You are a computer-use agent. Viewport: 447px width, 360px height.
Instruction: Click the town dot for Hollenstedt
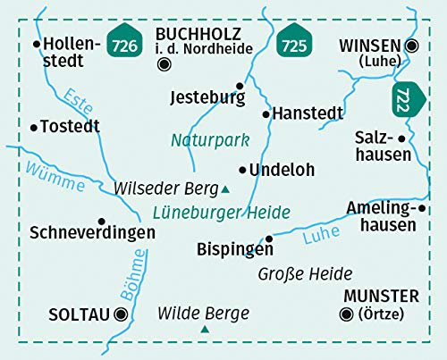point(36,43)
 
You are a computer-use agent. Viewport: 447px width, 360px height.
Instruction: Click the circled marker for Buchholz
point(163,63)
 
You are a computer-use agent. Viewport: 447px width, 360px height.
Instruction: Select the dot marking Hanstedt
point(266,114)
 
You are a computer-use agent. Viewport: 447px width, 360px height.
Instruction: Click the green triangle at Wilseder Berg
point(225,188)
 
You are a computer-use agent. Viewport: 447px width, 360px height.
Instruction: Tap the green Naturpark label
point(209,140)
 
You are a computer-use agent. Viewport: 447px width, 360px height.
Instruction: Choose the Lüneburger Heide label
point(221,212)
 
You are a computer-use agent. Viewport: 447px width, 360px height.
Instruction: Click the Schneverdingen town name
point(92,233)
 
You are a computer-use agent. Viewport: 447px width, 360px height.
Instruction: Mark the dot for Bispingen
point(270,238)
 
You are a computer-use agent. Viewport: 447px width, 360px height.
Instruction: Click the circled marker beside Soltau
point(120,314)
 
